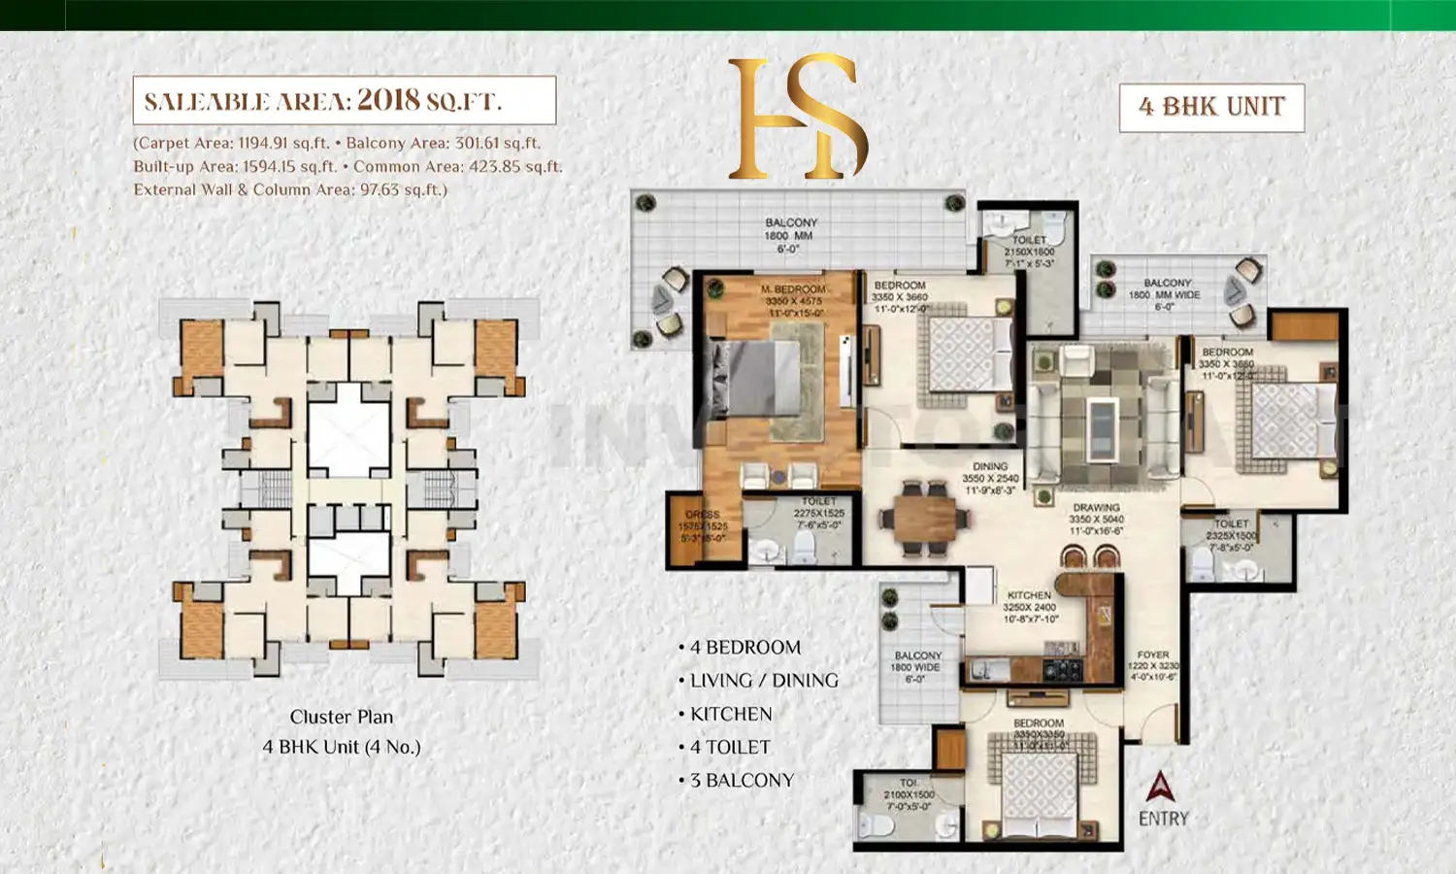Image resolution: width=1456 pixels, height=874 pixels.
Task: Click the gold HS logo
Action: pos(797,118)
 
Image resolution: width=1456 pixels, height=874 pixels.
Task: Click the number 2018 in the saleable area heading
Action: pos(388,100)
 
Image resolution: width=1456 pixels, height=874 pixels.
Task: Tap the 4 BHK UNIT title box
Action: pos(1211,107)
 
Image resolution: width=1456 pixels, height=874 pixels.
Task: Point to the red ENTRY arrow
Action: pos(1160,787)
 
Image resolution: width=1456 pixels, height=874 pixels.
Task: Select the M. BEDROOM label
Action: pos(793,289)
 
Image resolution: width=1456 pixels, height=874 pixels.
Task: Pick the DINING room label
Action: pos(990,467)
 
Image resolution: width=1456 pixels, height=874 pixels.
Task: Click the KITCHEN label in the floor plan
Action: pos(1029,595)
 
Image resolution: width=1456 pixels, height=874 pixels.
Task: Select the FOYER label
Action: pos(1153,655)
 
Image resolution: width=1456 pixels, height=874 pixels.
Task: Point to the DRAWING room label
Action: pos(1096,508)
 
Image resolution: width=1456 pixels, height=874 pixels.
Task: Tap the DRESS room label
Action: pos(702,515)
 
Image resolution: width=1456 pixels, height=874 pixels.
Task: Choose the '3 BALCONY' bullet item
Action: pos(743,781)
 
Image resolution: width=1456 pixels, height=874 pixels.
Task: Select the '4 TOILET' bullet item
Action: pos(731,748)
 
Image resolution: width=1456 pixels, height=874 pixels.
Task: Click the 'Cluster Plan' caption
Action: pos(342,718)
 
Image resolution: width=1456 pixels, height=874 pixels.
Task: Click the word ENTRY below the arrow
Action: pos(1163,819)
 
